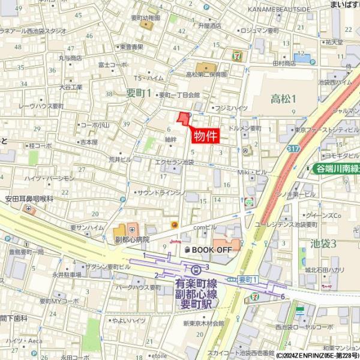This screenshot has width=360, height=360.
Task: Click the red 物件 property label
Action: pos(206,136)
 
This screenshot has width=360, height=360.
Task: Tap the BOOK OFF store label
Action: pos(208,249)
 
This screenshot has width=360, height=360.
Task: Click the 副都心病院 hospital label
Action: pos(131,238)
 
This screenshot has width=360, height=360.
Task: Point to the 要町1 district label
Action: pos(138,92)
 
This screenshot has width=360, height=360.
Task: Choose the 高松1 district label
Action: pos(283,98)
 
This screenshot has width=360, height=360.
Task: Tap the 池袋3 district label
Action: pos(323,243)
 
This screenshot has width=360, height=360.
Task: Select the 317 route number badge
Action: pos(293,148)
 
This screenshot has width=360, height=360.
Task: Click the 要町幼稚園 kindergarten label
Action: pos(146,18)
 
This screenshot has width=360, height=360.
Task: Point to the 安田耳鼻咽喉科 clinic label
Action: pos(29,198)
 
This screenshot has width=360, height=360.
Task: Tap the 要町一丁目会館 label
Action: pos(178,95)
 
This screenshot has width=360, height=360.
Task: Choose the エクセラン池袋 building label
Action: pos(174,162)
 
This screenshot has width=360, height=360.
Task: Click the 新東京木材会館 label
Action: pos(203,323)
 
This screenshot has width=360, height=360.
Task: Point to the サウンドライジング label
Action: pos(161,193)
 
